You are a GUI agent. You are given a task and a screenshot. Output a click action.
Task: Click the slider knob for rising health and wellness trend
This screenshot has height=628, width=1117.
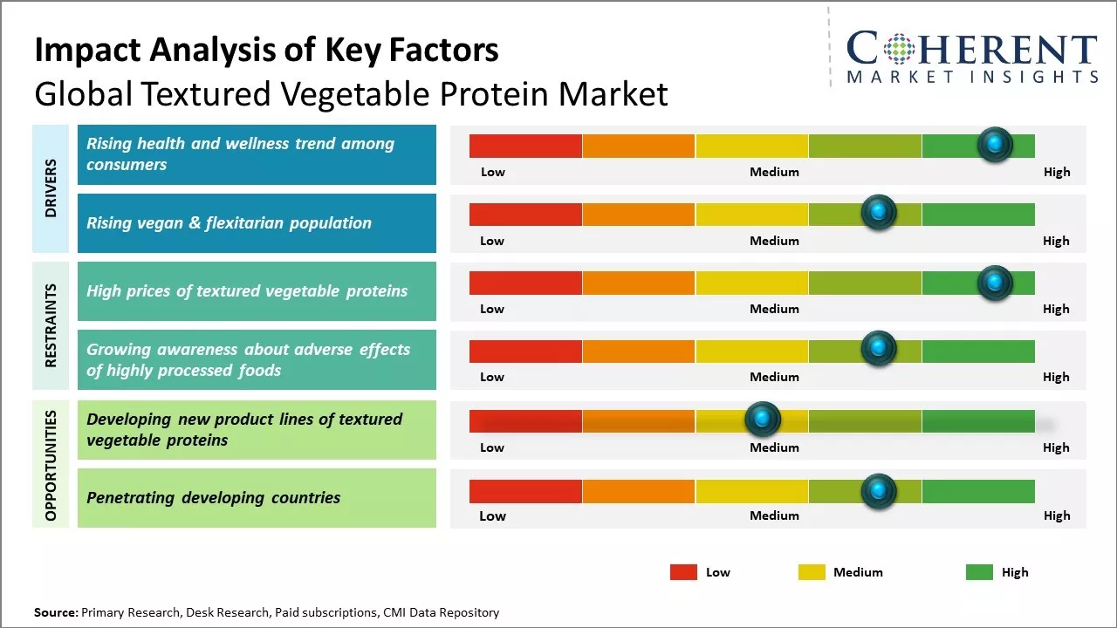click(995, 145)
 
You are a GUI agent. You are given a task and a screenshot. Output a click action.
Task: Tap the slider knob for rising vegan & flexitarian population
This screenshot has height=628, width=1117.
click(879, 213)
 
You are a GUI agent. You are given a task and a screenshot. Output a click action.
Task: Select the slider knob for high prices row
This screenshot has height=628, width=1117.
click(995, 282)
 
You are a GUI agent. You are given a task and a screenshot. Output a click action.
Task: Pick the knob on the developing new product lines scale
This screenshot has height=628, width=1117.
click(763, 420)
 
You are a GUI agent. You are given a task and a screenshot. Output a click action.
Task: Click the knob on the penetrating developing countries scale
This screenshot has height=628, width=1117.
click(879, 492)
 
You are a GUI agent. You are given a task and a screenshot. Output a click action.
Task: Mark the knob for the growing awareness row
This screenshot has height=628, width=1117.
click(879, 349)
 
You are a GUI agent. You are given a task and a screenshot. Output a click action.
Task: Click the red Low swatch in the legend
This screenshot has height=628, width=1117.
click(683, 572)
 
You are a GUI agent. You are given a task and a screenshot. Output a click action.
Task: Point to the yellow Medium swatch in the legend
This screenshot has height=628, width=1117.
click(812, 572)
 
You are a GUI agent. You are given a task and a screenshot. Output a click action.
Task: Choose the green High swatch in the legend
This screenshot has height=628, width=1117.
click(979, 572)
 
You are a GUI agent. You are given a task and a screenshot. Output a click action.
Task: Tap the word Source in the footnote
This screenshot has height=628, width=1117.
click(55, 612)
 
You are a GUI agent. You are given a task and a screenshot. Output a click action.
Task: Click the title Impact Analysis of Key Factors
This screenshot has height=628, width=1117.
click(266, 51)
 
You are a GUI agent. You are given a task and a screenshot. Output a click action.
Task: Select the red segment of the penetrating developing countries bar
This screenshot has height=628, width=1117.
click(525, 492)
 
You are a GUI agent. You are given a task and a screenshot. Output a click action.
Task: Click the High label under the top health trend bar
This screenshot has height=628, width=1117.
click(1056, 172)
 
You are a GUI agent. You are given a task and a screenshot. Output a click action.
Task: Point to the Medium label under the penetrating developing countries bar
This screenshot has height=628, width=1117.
click(774, 515)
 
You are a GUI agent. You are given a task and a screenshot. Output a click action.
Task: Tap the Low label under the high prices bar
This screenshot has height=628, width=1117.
click(492, 309)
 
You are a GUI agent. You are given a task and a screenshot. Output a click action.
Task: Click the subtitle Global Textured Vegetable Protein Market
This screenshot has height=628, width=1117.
click(351, 93)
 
